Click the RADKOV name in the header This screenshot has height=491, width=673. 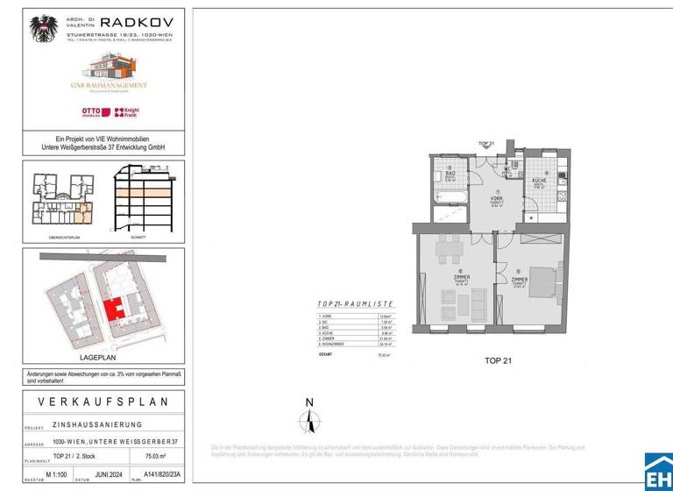click(138, 23)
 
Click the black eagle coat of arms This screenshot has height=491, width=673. click(43, 29)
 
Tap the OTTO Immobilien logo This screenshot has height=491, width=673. click(91, 112)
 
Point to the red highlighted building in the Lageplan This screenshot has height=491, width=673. click(113, 310)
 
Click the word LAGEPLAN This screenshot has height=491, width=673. click(103, 357)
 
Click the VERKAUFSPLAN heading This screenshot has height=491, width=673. click(103, 402)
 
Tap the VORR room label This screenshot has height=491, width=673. click(498, 200)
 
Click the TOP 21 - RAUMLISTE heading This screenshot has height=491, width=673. click(355, 303)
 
